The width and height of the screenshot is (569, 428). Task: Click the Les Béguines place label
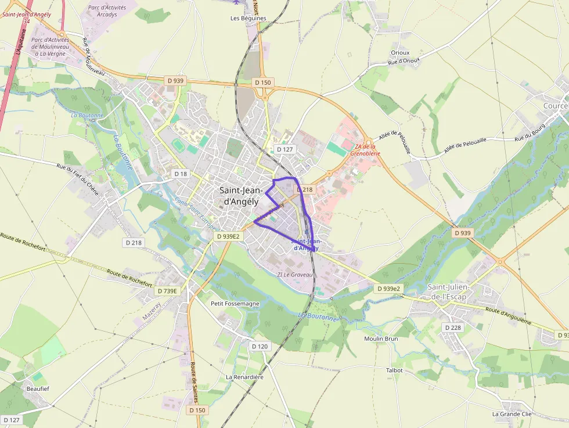[x=248, y=18]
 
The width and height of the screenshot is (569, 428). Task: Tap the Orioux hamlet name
[x=400, y=52]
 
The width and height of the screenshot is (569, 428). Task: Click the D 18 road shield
[x=181, y=174]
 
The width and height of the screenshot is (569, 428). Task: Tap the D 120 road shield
[x=260, y=346]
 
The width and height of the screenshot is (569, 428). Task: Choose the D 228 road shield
[x=453, y=328]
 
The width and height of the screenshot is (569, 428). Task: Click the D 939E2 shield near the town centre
[x=228, y=236]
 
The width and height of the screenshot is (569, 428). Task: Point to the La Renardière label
[x=244, y=377]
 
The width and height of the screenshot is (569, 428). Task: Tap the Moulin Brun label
[x=380, y=339]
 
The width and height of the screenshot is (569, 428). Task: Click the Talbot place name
[x=394, y=370]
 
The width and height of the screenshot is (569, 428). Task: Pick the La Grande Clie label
[x=512, y=414]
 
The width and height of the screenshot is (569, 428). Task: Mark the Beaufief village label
[x=38, y=389]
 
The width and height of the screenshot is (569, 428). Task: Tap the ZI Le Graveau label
[x=295, y=274]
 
